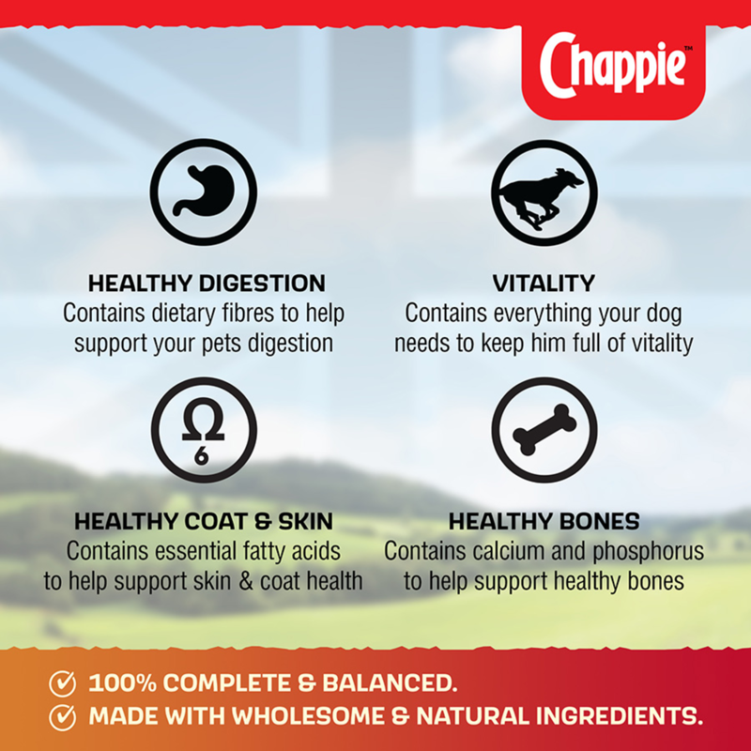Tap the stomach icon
pos(204,193)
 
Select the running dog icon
pos(544,193)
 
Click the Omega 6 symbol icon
pos(204,430)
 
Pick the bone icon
pos(544,430)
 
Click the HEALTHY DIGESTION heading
pos(207,283)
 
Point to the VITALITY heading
pos(544,283)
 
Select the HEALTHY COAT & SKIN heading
pos(204,521)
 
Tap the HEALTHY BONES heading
pos(544,521)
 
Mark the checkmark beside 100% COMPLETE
pos(63,682)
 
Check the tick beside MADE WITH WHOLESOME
pos(63,717)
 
